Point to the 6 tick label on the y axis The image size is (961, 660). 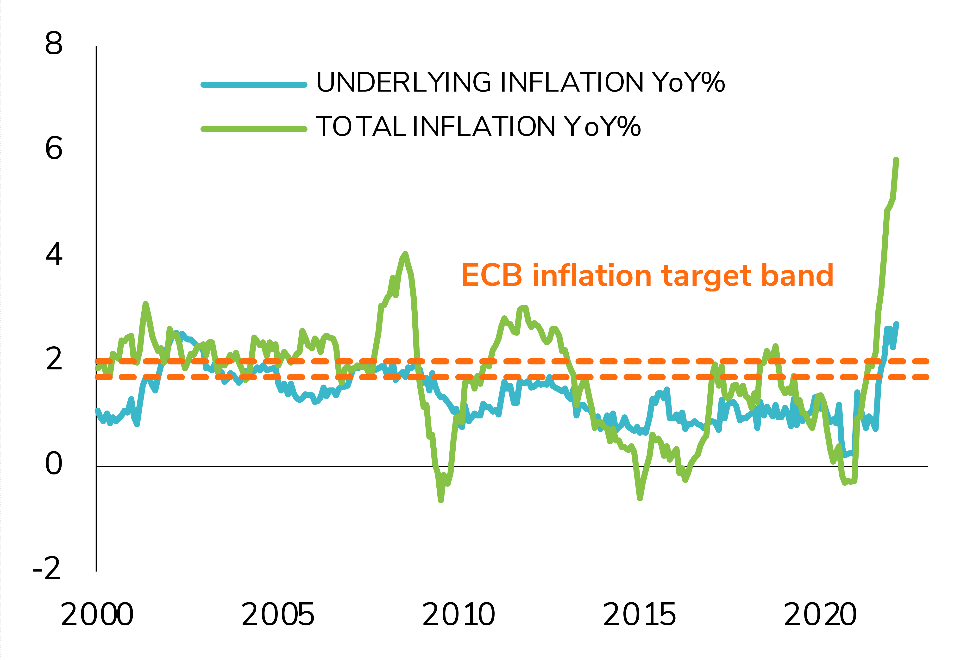[x=54, y=148]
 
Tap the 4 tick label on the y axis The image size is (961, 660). [x=54, y=254]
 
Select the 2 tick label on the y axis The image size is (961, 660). [x=54, y=359]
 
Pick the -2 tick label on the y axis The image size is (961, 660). [x=47, y=569]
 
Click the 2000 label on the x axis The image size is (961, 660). [x=97, y=615]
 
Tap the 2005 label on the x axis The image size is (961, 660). [x=278, y=615]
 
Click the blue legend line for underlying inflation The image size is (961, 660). [x=254, y=85]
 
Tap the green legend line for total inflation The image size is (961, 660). [x=254, y=129]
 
